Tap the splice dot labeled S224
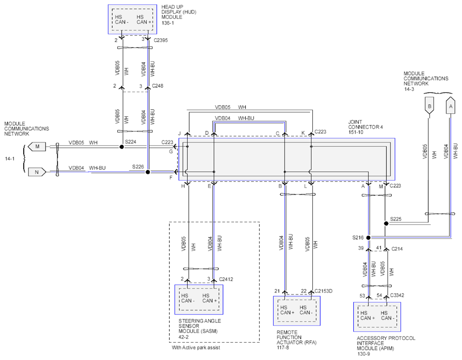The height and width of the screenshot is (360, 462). coord(121,147)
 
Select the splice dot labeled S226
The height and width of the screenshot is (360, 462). coord(148,172)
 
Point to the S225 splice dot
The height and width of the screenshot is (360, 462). coord(386,224)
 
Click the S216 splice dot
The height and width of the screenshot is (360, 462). coord(368,238)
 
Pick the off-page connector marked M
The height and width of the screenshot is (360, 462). coord(37,147)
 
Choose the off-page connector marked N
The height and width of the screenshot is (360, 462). coord(37,172)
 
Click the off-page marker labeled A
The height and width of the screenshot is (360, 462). coord(450,105)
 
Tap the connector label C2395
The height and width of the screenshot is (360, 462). coord(161,40)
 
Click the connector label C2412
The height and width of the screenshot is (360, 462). coord(226,279)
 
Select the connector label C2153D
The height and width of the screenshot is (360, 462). coord(323,291)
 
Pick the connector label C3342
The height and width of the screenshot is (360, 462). coord(397,295)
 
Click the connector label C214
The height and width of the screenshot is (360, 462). coord(397,249)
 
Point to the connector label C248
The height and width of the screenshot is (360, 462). coord(158,86)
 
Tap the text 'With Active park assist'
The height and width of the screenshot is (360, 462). coord(196,347)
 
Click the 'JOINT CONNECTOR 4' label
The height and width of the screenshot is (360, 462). coord(366,125)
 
